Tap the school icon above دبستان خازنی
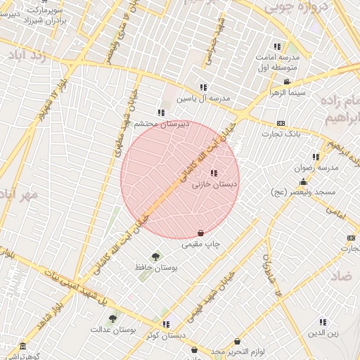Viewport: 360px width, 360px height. pos(213,173)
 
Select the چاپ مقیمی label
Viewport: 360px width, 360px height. pos(201,244)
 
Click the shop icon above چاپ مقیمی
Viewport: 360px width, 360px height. pos(201,233)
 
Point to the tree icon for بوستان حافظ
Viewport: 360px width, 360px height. pos(155,256)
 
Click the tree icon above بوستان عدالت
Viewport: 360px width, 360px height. pos(112,319)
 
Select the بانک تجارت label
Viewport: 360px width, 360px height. pos(281,133)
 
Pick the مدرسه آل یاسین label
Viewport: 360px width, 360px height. pos(203,98)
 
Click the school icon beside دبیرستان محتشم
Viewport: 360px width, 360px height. pos(161,112)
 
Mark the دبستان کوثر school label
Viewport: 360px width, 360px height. pos(166,335)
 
